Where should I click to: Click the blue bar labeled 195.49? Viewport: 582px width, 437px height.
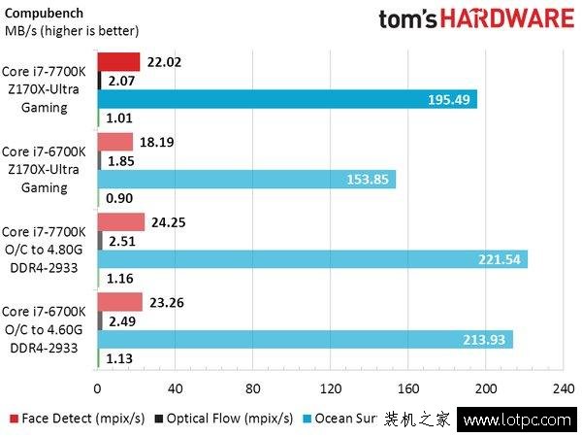pyautogui.click(x=288, y=99)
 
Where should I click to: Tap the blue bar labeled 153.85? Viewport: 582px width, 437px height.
pyautogui.click(x=247, y=179)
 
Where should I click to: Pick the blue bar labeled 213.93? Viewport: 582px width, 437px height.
pyautogui.click(x=306, y=337)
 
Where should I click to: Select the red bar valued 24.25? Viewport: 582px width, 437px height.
pyautogui.click(x=121, y=221)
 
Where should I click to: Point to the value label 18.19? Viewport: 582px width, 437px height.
pyautogui.click(x=158, y=142)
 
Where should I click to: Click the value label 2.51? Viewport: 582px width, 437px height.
pyautogui.click(x=122, y=240)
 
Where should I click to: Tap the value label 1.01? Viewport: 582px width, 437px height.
pyautogui.click(x=119, y=118)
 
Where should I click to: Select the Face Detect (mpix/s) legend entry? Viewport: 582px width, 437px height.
pyautogui.click(x=77, y=420)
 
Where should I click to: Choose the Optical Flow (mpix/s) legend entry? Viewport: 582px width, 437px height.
pyautogui.click(x=229, y=420)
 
